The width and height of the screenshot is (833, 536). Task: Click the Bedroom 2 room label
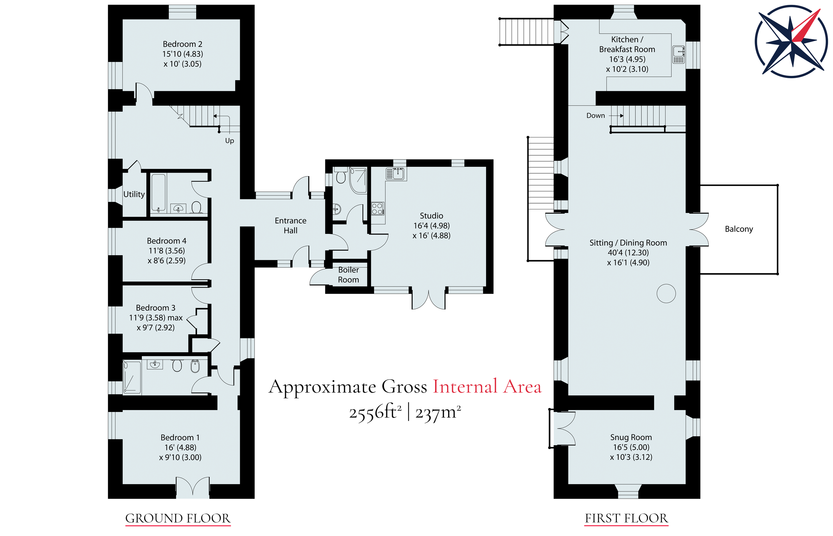[182, 44]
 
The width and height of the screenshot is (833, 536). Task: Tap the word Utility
[134, 194]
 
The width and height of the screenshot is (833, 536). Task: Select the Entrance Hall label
[291, 225]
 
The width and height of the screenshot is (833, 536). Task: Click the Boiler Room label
[348, 275]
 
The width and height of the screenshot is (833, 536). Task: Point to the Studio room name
[431, 216]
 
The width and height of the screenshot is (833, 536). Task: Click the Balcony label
[739, 229]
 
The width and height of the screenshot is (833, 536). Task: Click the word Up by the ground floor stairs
[229, 141]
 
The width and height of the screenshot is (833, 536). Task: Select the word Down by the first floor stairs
[595, 116]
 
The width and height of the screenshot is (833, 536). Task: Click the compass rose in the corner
[791, 41]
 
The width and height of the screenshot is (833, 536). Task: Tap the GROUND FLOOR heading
[178, 518]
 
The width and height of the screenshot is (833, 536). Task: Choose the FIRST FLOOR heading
[626, 518]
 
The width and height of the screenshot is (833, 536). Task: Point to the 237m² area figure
[438, 413]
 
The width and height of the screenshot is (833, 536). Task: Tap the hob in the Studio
[378, 208]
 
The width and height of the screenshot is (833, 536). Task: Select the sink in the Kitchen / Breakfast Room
[678, 55]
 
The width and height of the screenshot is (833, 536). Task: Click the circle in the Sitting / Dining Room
[666, 293]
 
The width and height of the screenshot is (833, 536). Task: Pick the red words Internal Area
[487, 387]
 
